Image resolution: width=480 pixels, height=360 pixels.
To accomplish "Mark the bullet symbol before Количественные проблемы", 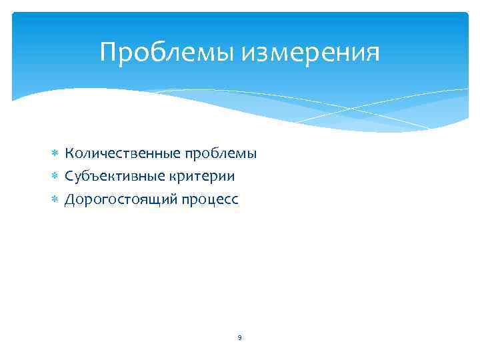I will pos(56,155).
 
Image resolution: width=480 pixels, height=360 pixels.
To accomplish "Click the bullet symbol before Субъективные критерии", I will pos(56,177).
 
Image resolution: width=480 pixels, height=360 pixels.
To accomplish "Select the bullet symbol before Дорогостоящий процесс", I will pos(56,200).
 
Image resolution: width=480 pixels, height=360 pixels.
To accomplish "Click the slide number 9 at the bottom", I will pos(239,338).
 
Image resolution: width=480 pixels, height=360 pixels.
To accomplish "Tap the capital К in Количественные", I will pos(69,154).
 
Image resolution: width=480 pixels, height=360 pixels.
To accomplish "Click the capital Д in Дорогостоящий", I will pos(69,199).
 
